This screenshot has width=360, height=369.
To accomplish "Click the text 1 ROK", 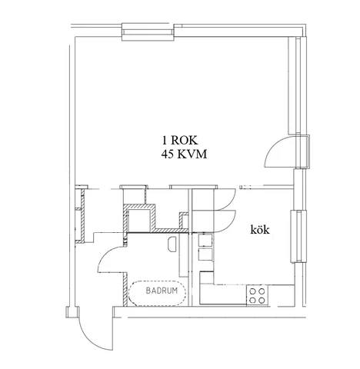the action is click(x=180, y=140).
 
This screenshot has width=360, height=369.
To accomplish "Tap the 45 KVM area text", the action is click(x=184, y=155).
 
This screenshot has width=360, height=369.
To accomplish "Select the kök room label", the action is click(x=260, y=230).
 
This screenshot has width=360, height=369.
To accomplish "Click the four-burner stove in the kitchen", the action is click(x=257, y=295).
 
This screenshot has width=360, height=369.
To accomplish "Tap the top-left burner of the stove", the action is click(x=252, y=291).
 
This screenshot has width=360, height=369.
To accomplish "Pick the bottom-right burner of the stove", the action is click(x=262, y=300).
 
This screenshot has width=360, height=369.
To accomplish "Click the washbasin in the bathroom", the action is click(x=172, y=244).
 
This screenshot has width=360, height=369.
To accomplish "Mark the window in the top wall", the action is click(x=148, y=32).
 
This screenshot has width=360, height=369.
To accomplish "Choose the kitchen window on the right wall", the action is click(x=298, y=236).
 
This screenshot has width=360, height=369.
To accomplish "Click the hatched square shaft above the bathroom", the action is click(x=139, y=218).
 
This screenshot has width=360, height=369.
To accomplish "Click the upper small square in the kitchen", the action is click(x=205, y=240).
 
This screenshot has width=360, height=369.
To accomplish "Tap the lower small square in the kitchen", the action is click(x=205, y=254).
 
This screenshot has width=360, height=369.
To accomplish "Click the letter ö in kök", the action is click(x=260, y=230).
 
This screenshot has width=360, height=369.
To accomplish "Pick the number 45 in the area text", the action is click(x=167, y=155).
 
